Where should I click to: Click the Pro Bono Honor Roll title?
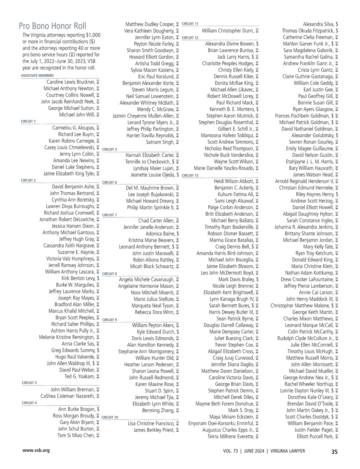tap(52, 26)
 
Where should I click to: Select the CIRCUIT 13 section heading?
tap(190, 175)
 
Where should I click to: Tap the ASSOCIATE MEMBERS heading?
tap(37, 76)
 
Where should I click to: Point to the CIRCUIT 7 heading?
tap(109, 215)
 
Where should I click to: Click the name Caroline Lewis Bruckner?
tap(70, 82)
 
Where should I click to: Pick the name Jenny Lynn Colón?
tap(77, 154)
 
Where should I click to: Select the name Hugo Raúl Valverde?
tap(75, 357)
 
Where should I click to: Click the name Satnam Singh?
tap(160, 142)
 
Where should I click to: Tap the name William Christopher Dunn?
tap(228, 31)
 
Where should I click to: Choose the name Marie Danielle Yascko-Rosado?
tap(223, 168)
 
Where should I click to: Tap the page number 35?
tap(334, 452)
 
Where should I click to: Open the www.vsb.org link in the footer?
tap(36, 450)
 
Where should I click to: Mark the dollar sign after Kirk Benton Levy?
tap(98, 278)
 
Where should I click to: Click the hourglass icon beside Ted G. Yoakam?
tap(98, 377)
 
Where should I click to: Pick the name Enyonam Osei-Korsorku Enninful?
tap(221, 423)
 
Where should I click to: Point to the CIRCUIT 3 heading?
tap(29, 383)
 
